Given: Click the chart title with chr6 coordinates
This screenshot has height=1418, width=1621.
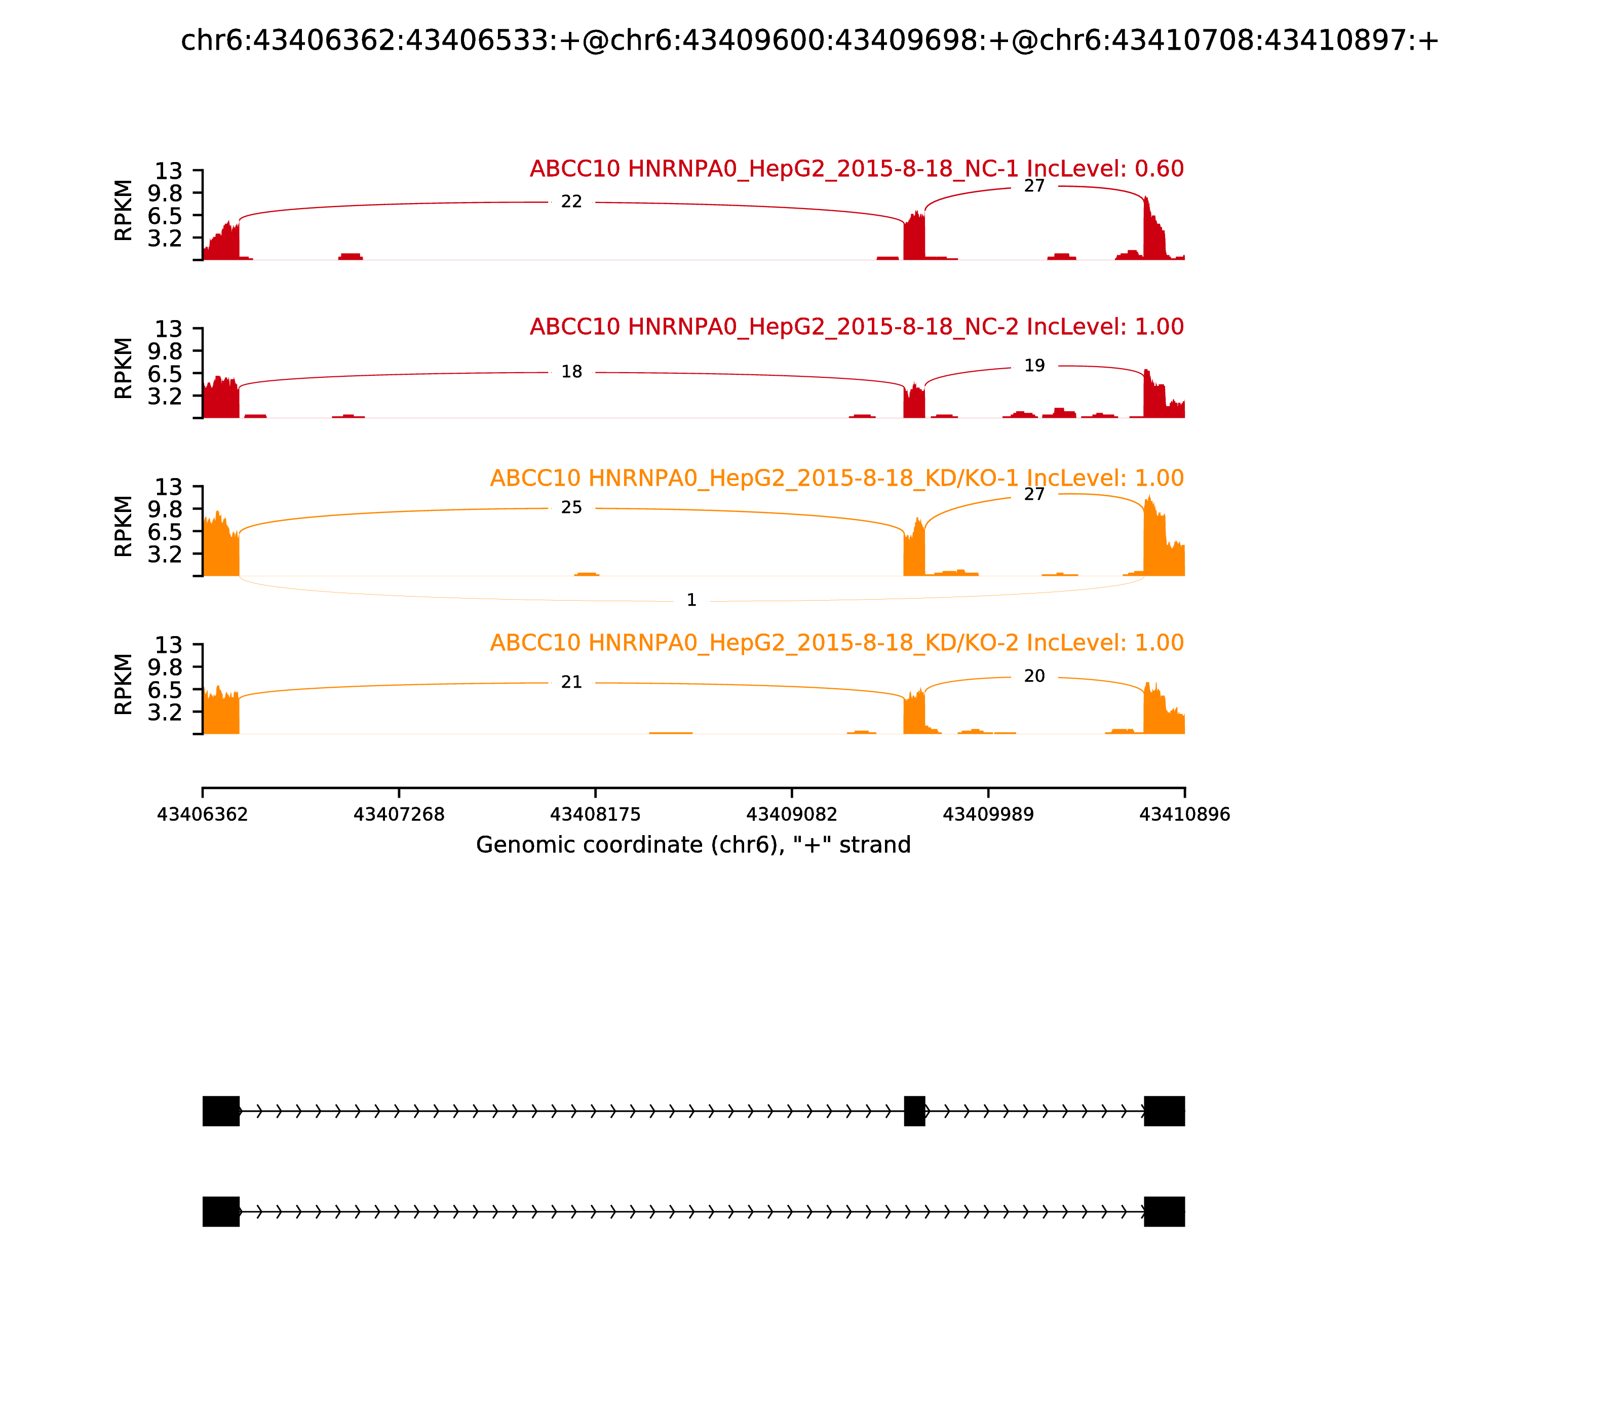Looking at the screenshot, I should (x=809, y=41).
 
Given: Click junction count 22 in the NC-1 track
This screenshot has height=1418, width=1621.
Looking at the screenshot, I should (x=571, y=202).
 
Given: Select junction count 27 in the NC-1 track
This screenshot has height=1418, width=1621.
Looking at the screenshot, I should (x=1034, y=186).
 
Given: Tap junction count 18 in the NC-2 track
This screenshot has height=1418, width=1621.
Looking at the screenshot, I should (x=571, y=372).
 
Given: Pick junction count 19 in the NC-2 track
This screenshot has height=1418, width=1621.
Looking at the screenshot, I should (x=1034, y=366).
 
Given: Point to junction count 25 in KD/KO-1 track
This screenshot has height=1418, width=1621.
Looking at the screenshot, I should (x=571, y=508).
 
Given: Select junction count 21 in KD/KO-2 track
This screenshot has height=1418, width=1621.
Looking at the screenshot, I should (x=571, y=682).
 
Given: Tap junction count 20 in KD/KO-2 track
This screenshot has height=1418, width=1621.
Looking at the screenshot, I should (x=1034, y=677).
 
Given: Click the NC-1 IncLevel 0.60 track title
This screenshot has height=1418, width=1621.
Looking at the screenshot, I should (x=857, y=169).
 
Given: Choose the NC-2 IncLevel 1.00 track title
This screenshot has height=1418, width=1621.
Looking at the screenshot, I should (x=857, y=327).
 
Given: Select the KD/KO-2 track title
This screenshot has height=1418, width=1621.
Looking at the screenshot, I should (x=837, y=643).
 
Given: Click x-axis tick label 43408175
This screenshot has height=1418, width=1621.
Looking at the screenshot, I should (x=595, y=814).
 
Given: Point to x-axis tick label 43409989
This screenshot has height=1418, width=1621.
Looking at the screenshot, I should (x=988, y=814).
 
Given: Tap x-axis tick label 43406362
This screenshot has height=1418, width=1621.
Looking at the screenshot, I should (x=203, y=814).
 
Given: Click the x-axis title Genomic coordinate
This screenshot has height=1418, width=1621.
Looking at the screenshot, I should (x=693, y=845).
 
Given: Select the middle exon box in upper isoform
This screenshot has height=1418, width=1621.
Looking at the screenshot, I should (x=914, y=1111).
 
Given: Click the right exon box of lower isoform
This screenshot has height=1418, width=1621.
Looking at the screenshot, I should (x=1164, y=1211).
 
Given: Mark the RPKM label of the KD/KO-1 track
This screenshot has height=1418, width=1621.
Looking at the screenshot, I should (x=124, y=526).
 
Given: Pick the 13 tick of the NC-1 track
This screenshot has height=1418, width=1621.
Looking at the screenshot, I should (x=168, y=171).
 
